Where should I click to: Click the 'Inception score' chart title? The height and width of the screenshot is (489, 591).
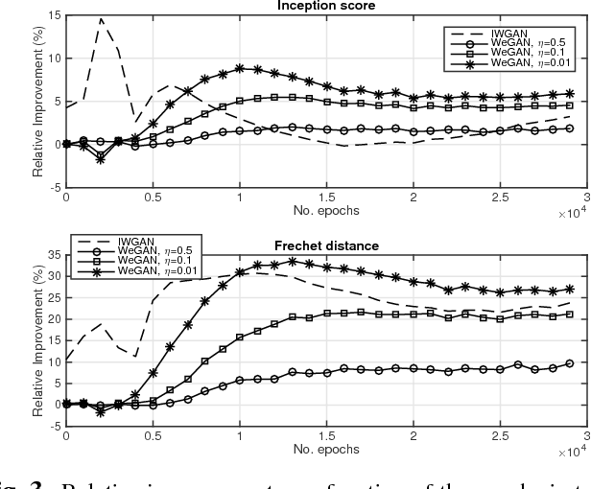pyautogui.click(x=326, y=7)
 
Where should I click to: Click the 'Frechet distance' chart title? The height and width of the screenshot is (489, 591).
pyautogui.click(x=326, y=246)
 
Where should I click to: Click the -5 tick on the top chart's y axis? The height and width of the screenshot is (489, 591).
pyautogui.click(x=52, y=187)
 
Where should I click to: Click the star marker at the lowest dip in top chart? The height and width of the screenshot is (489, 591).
pyautogui.click(x=101, y=159)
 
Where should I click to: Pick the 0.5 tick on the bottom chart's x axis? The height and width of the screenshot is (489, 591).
pyautogui.click(x=153, y=436)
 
